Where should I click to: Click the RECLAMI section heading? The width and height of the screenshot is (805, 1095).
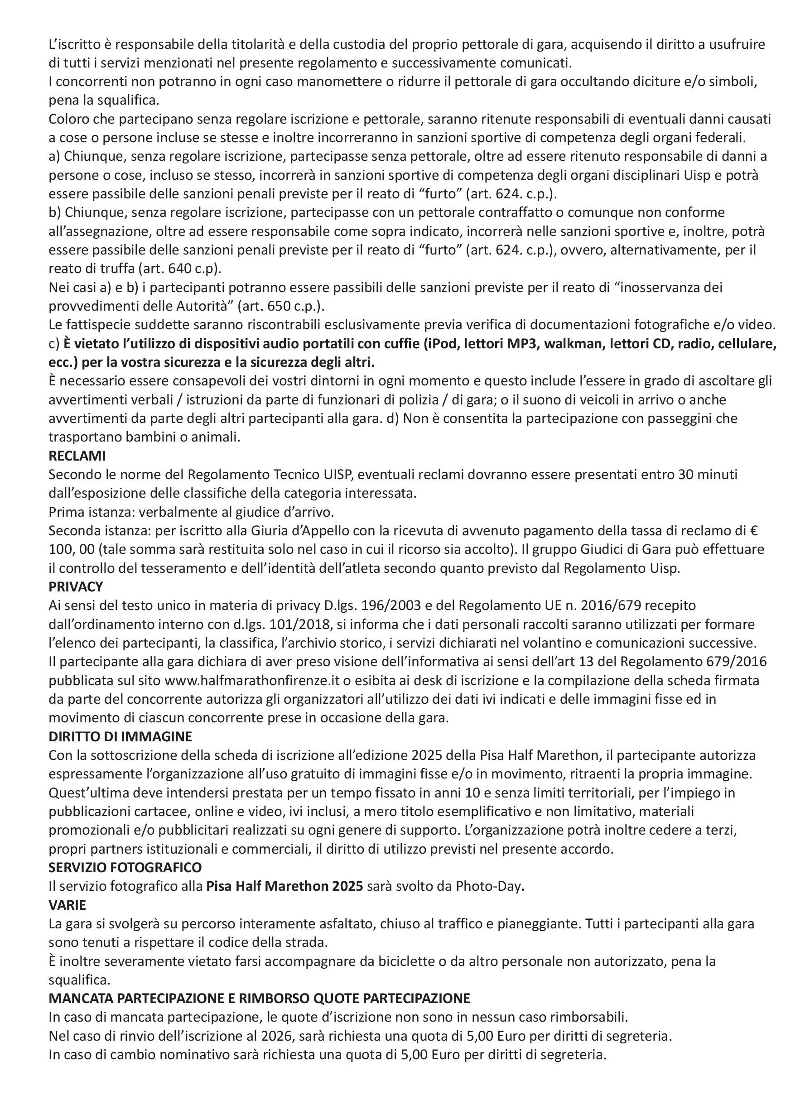[x=77, y=456]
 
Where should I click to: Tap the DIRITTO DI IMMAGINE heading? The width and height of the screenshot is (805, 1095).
[x=121, y=736]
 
